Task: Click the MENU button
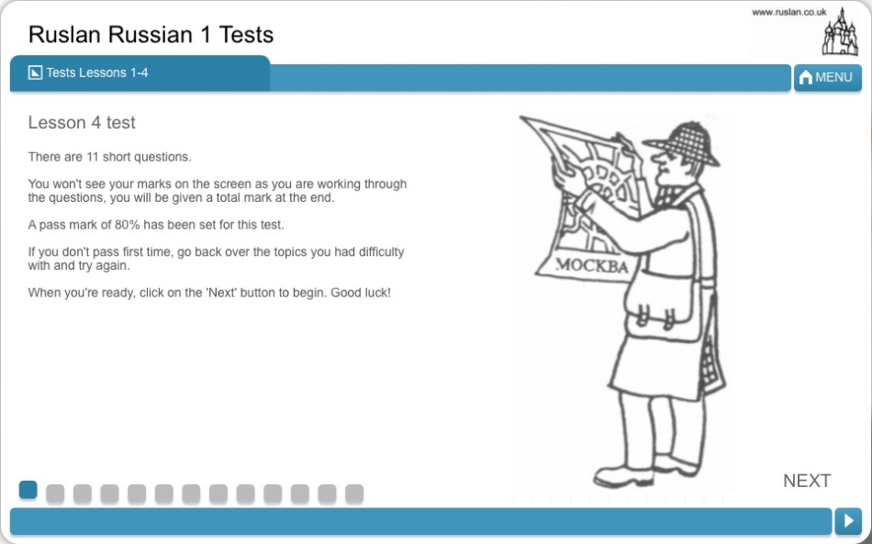pos(828,77)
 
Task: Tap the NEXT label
pos(807,481)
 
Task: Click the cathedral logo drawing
pos(840,32)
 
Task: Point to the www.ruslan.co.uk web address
pos(789,12)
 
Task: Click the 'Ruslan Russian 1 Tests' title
pos(151,35)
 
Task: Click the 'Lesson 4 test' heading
pos(82,122)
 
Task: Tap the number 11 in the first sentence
pos(93,157)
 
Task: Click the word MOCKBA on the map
pos(592,266)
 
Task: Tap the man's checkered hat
pos(684,143)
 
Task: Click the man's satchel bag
pos(663,307)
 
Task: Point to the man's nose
pos(657,161)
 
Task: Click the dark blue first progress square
pos(28,490)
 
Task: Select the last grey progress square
pos(354,494)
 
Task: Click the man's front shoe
pos(623,476)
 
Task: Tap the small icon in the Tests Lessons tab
pos(35,72)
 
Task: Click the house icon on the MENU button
pos(805,77)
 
